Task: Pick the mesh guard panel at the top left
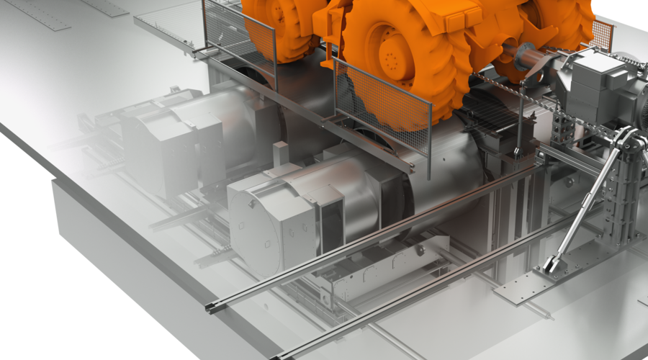[238, 36]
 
